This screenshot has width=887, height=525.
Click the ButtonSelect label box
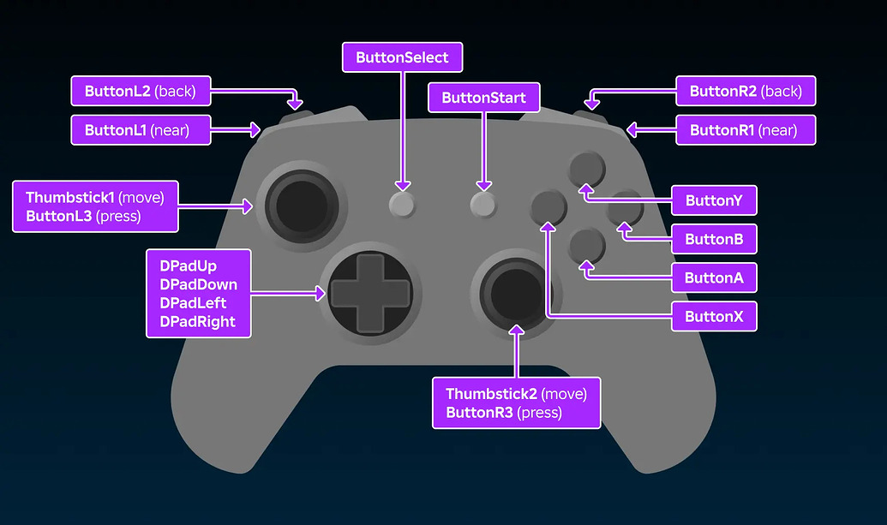402,58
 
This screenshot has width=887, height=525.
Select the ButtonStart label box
483,98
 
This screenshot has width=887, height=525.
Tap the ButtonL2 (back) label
141,91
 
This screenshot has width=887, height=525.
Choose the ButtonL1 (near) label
141,130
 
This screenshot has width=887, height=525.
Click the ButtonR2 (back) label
745,91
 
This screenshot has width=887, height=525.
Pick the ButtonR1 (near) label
745,130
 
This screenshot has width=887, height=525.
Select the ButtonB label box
714,240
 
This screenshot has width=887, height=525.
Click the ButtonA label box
714,278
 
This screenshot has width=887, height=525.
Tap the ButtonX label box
714,317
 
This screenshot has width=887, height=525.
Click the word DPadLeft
194,303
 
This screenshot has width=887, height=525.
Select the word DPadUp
189,265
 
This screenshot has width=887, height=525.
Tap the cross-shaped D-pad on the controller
370,293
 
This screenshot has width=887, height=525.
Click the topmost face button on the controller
587,166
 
